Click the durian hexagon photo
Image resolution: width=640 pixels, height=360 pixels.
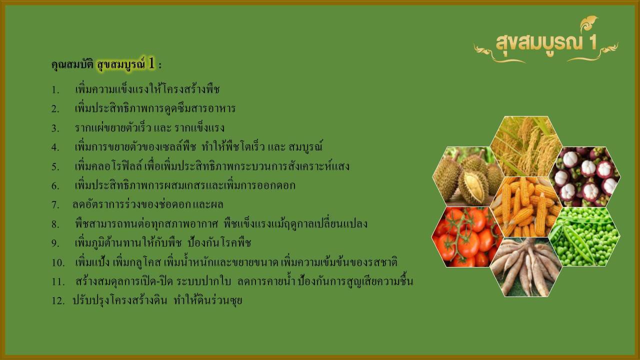(x=467, y=176)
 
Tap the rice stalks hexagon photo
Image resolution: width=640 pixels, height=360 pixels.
(x=526, y=146)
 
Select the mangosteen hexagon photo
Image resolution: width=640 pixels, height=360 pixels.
(x=584, y=176)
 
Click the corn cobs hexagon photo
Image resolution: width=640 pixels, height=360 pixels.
(x=526, y=207)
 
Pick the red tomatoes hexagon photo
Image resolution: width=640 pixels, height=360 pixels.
(x=467, y=237)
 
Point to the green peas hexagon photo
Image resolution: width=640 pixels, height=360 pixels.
(x=584, y=236)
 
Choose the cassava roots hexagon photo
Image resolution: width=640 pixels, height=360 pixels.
(x=526, y=267)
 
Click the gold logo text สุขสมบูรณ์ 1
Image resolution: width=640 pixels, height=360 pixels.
(x=546, y=43)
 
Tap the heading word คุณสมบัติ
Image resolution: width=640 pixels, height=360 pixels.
(x=72, y=65)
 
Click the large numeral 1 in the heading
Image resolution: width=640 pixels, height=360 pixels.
(x=151, y=63)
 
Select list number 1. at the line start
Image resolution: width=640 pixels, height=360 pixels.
(x=55, y=90)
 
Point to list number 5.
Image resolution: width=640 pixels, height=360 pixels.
(x=55, y=167)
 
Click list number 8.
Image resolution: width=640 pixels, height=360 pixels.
(x=55, y=224)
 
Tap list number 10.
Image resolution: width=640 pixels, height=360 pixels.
(x=58, y=262)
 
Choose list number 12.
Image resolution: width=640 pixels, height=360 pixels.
(x=58, y=301)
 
